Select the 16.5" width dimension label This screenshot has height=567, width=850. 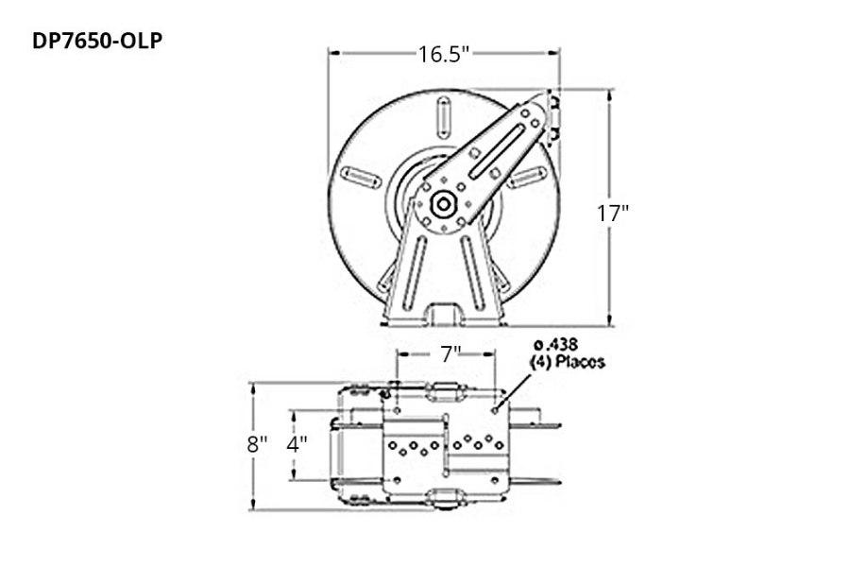[x=444, y=54]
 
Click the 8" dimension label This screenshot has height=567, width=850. [x=258, y=444]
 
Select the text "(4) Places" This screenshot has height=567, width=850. [x=565, y=361]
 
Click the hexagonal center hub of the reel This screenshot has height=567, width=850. [x=442, y=203]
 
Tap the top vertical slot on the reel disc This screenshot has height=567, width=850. [x=441, y=118]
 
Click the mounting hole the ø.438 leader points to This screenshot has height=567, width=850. [x=496, y=410]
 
